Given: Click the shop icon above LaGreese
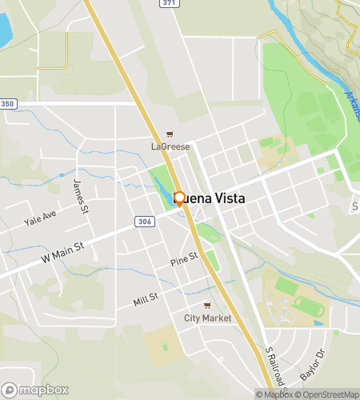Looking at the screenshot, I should point(169,134).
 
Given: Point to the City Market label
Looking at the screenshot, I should point(207,318).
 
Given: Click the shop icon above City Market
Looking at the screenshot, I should point(207,306).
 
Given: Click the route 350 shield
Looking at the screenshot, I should point(8,104).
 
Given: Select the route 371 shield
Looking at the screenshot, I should point(169,4).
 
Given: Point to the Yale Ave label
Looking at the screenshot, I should point(40,217).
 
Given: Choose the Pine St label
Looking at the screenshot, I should point(183,262).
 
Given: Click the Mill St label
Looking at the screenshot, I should point(147,301).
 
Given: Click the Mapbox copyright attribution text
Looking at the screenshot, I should point(273,394).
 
